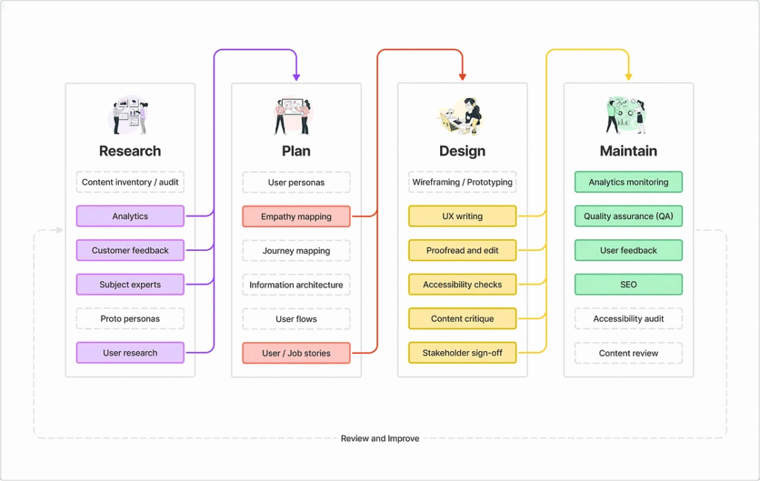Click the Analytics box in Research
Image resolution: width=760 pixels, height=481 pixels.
[130, 216]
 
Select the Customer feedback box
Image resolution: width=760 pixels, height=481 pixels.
[130, 250]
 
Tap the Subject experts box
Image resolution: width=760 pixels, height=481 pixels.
[130, 284]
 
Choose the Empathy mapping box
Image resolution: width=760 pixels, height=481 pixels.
[296, 216]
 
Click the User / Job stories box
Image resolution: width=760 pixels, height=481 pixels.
[296, 353]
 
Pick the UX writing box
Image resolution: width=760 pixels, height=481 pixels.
[462, 216]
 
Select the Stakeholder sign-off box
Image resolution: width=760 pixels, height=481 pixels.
[462, 353]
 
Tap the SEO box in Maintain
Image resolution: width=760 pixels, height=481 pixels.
[629, 284]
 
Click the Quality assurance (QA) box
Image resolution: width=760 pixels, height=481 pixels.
[629, 216]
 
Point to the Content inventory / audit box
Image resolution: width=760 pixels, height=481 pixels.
[130, 182]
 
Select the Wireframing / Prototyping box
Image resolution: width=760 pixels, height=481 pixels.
[462, 182]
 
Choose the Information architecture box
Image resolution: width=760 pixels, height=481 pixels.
[296, 284]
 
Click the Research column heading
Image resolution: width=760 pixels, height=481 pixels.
[130, 151]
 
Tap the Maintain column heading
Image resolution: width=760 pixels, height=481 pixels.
[629, 151]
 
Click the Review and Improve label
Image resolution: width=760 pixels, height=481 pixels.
[380, 438]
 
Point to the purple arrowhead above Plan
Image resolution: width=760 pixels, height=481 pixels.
[296, 76]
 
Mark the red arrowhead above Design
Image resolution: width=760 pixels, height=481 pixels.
[462, 76]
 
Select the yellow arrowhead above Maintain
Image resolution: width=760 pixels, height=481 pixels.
[629, 76]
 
